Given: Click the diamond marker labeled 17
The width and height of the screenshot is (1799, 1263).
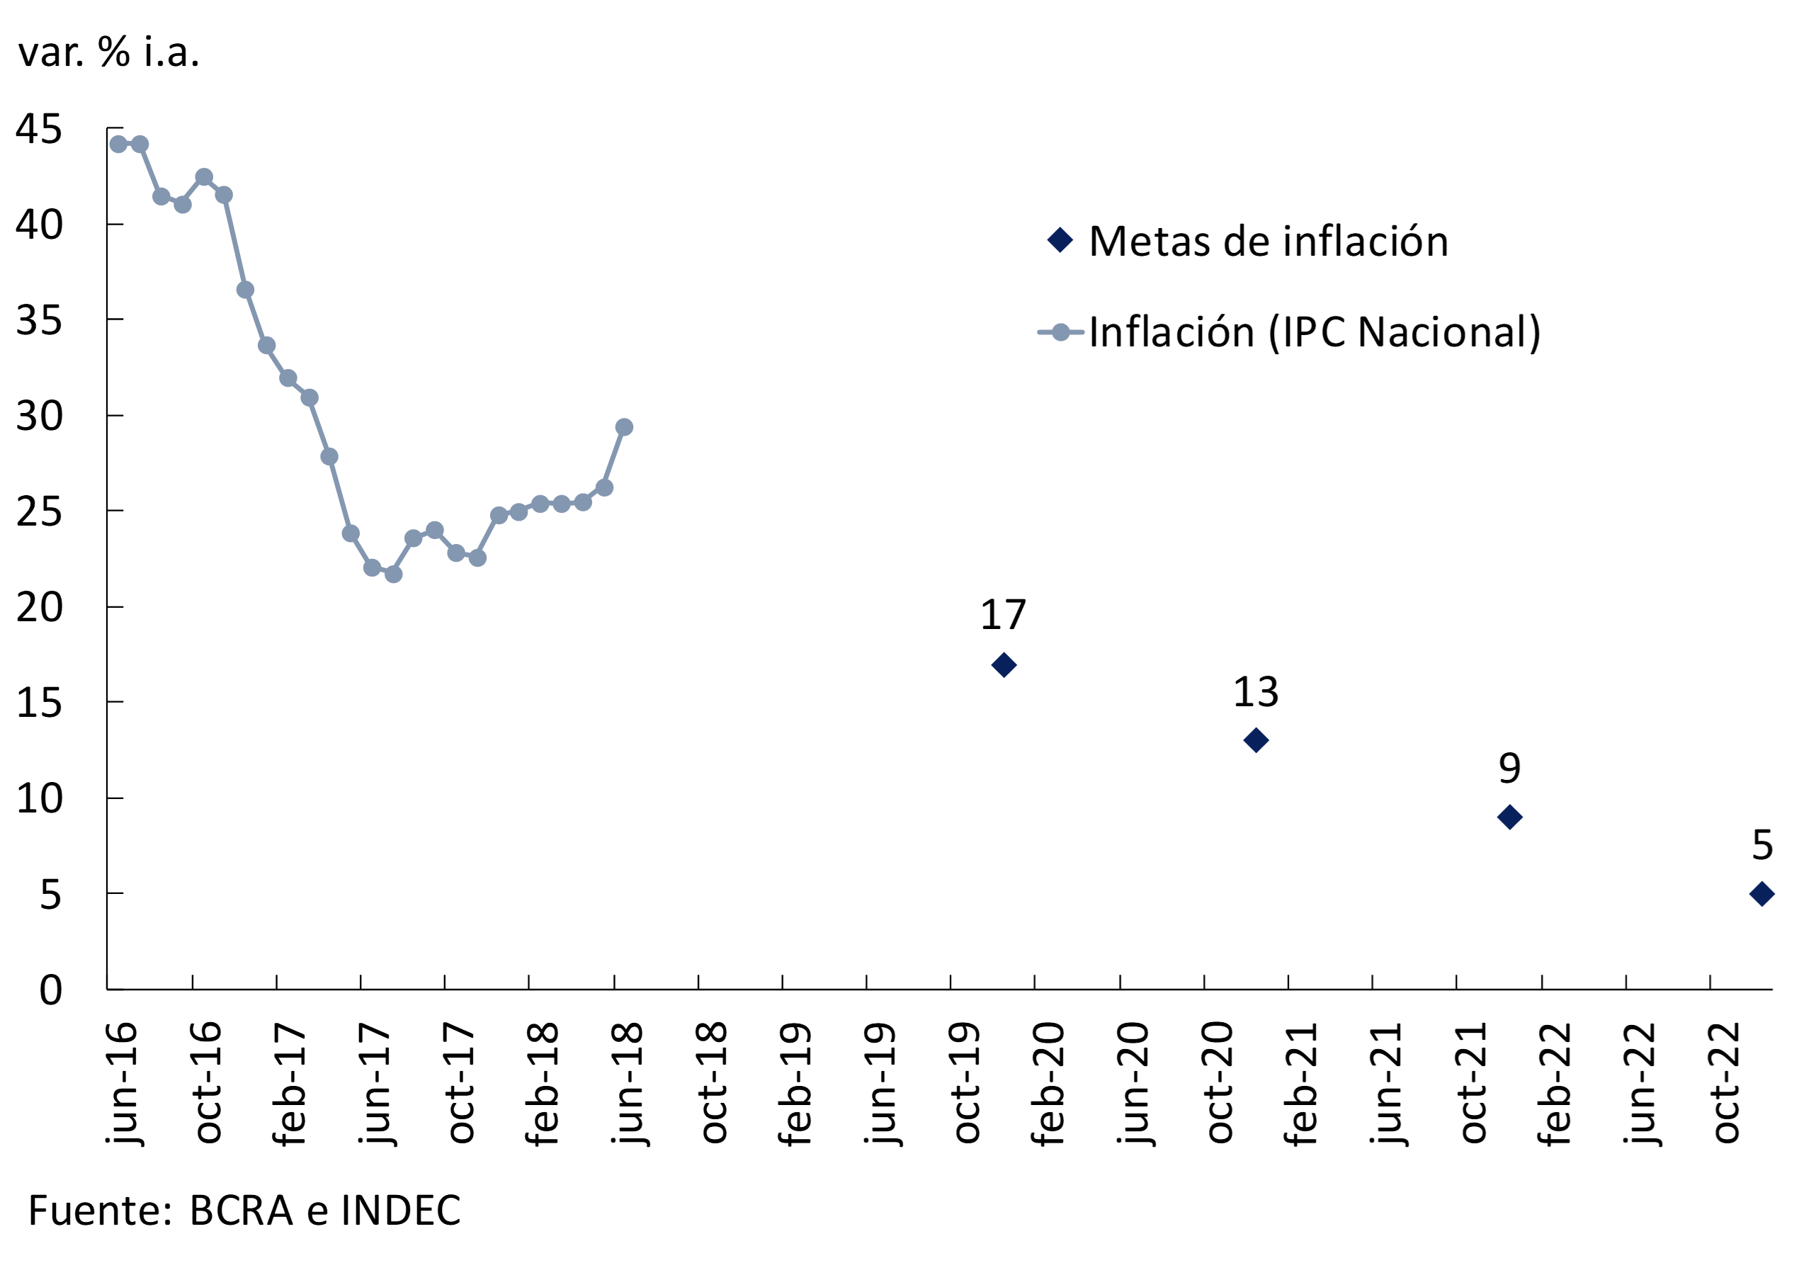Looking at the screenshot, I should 1004,665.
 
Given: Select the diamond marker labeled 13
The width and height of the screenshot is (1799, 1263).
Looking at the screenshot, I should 1256,740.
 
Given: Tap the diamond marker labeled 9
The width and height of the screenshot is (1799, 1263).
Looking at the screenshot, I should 1510,817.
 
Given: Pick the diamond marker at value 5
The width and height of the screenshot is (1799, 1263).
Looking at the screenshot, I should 1762,894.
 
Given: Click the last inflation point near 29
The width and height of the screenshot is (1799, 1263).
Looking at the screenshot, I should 624,427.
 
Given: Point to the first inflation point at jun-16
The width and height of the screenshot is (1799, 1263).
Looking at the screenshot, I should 118,145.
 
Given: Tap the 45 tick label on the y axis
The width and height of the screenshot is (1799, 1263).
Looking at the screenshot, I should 38,130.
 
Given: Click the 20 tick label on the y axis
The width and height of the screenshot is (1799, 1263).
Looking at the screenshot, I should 38,607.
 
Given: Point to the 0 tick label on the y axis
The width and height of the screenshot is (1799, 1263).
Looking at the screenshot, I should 50,990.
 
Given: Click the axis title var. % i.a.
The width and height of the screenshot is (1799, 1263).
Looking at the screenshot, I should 109,52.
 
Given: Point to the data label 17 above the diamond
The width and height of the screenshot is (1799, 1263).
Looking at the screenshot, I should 1003,615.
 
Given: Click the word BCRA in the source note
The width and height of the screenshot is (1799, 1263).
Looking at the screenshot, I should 242,1211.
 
